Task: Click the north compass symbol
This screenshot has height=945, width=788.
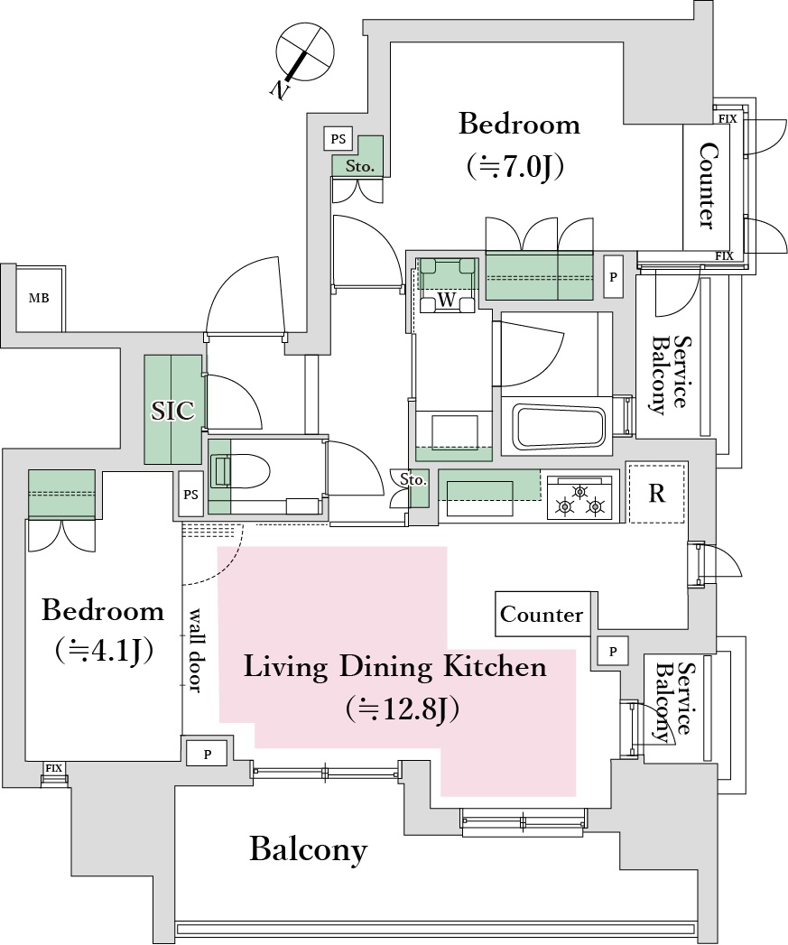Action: tap(303, 56)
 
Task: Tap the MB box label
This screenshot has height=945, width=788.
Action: tap(39, 299)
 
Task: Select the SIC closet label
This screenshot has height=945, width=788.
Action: tap(172, 411)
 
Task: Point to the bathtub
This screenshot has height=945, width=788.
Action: tap(557, 426)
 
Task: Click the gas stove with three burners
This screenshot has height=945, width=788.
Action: tap(580, 497)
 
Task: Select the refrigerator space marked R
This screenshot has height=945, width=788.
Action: tap(656, 493)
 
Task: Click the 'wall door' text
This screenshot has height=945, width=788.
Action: tap(195, 650)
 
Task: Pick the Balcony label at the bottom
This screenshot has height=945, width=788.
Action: tap(308, 849)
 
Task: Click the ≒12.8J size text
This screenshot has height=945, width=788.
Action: tap(403, 709)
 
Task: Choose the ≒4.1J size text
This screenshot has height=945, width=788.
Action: tap(103, 650)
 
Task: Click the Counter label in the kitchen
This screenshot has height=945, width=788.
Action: tap(542, 615)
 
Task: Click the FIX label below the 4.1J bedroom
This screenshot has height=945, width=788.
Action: tap(53, 768)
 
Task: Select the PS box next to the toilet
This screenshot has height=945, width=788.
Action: tap(190, 495)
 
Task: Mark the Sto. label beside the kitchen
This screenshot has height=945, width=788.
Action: tap(413, 480)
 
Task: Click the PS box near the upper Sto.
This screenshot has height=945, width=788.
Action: tap(338, 139)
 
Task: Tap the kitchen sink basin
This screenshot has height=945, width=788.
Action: tap(480, 498)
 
